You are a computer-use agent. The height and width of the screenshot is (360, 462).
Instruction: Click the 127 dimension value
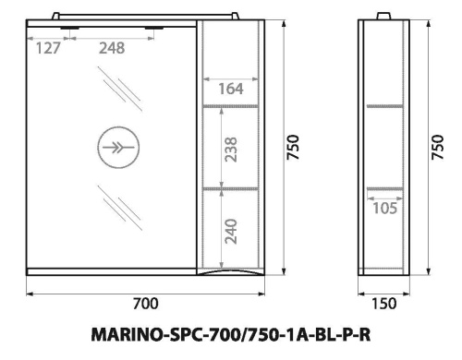click(47, 49)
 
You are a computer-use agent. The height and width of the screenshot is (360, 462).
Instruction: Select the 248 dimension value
click(114, 49)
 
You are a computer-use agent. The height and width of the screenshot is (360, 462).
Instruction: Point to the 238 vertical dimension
click(232, 149)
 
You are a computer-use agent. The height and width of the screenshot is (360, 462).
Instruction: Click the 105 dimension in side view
click(383, 209)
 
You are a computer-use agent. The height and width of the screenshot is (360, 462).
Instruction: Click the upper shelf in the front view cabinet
click(233, 106)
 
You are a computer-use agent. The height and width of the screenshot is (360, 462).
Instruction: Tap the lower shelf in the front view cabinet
click(233, 188)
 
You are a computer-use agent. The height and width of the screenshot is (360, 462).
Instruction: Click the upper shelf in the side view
click(383, 106)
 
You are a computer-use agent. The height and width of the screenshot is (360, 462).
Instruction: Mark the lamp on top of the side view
click(383, 16)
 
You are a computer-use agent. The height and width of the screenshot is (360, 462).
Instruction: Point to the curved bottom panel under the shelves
click(232, 274)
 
